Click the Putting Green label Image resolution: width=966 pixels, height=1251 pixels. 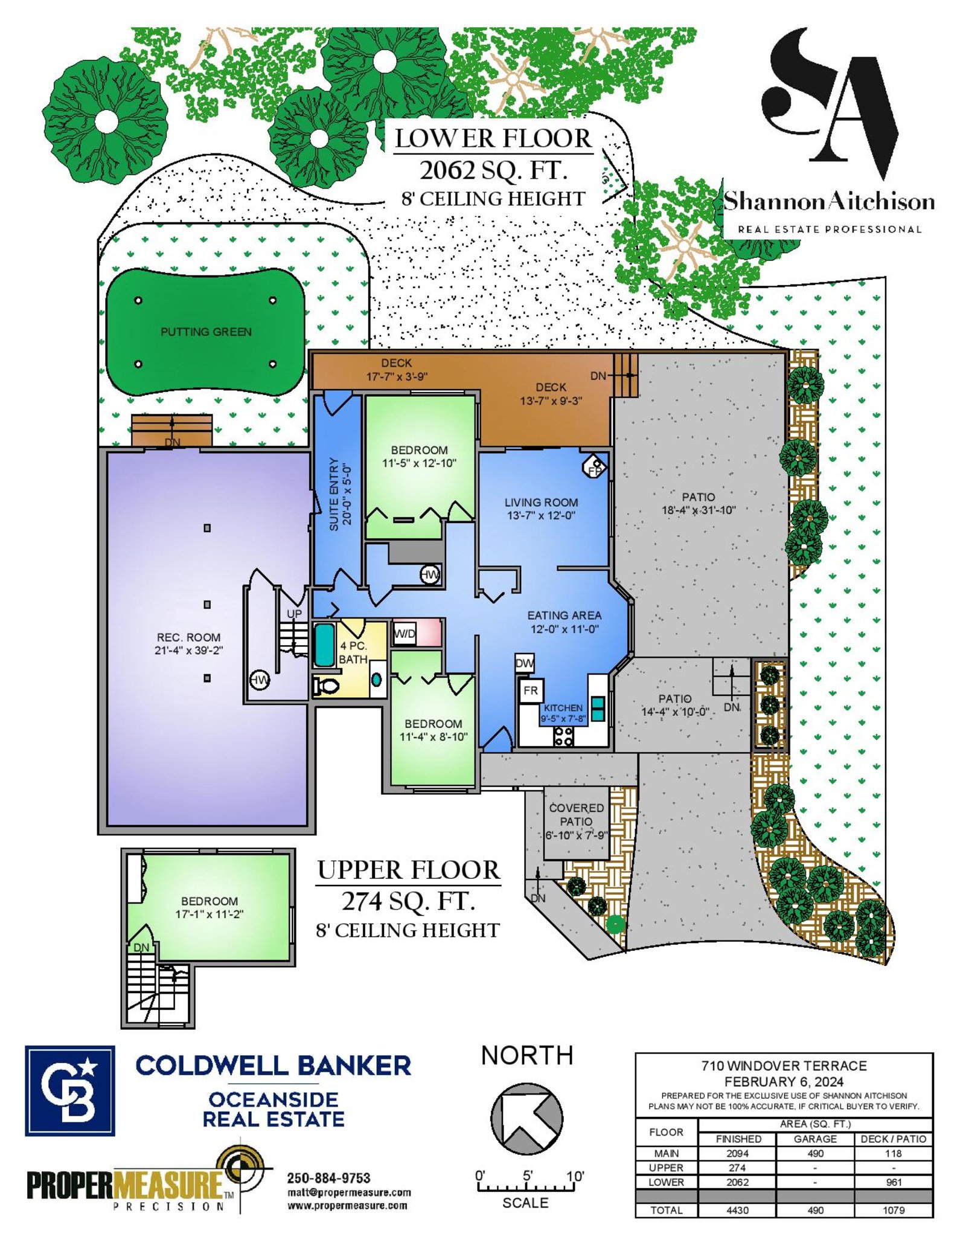point(206,332)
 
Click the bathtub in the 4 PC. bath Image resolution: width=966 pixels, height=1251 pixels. point(324,645)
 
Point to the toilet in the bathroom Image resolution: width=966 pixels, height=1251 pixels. point(326,686)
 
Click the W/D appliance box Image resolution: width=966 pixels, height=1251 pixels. point(405,634)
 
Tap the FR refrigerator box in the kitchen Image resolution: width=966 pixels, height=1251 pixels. point(531,690)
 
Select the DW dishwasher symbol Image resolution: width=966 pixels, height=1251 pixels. point(525,663)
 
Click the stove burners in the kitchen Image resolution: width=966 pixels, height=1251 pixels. point(564,736)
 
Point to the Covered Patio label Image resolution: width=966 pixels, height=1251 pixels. point(576,815)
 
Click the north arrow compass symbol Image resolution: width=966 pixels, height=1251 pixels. point(526,1119)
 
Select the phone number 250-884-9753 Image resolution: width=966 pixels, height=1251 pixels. point(328,1179)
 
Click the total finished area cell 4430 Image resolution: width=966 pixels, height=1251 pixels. point(737,1210)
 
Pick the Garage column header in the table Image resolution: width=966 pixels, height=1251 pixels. point(815,1139)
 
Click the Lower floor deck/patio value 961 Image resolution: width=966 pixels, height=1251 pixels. point(894,1182)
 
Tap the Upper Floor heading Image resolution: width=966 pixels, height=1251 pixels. point(409,870)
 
